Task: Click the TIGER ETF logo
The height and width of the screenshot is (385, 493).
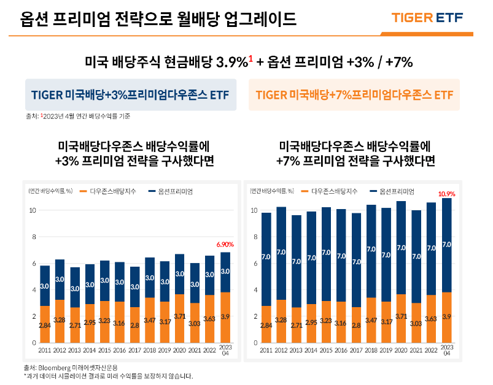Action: click(x=435, y=18)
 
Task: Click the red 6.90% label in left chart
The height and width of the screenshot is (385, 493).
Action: click(x=225, y=244)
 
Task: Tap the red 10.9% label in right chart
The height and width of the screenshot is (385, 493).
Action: click(x=446, y=194)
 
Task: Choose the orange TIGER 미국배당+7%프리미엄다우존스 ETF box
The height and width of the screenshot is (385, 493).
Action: click(x=354, y=95)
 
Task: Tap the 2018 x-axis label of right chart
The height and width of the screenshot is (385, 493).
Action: click(x=371, y=350)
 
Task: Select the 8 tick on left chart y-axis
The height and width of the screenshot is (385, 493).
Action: click(x=34, y=237)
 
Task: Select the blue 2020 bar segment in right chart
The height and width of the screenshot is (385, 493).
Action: click(x=401, y=247)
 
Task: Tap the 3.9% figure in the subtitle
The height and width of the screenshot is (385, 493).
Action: click(x=232, y=63)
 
